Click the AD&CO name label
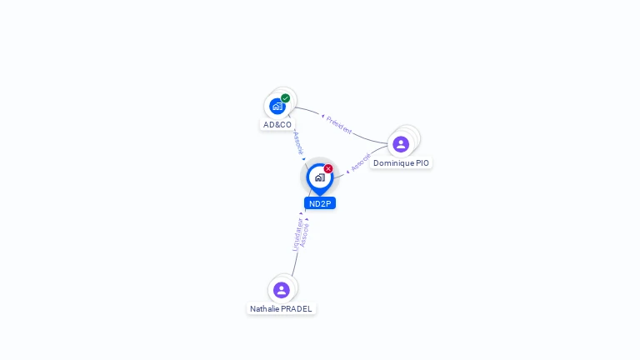(x=277, y=125)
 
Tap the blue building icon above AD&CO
(x=277, y=107)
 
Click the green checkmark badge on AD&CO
(x=286, y=98)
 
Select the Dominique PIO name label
(x=401, y=163)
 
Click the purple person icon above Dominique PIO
(x=401, y=144)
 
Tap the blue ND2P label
(x=320, y=203)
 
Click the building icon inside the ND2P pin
(x=320, y=177)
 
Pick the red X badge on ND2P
(x=328, y=169)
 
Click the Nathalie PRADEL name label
(x=282, y=309)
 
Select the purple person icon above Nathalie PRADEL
(x=282, y=290)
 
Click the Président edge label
(x=339, y=126)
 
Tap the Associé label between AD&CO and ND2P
(x=297, y=142)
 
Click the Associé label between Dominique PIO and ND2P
(x=361, y=162)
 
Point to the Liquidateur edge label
(x=297, y=234)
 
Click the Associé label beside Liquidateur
(x=305, y=235)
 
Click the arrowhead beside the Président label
(x=323, y=117)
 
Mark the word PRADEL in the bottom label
(x=297, y=309)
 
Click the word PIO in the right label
(x=422, y=163)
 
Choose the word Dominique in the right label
(x=393, y=163)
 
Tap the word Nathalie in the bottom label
(x=265, y=309)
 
